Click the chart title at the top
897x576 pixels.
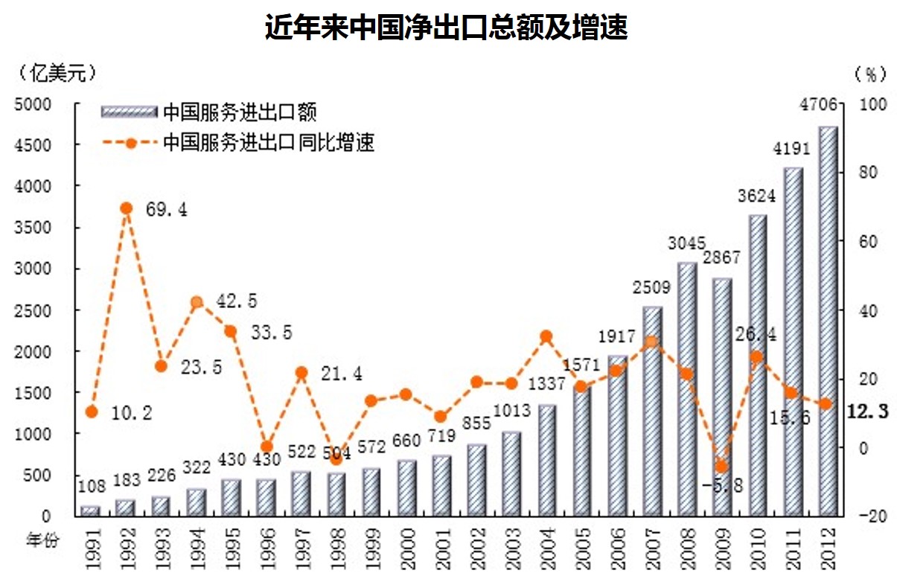pos(447,28)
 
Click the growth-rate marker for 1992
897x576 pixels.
pos(126,208)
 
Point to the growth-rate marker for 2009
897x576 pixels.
pos(721,467)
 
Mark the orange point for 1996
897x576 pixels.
pos(266,447)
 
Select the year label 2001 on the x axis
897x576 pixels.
pos(441,548)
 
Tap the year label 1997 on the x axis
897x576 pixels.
pos(301,548)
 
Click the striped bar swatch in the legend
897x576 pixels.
pos(128,112)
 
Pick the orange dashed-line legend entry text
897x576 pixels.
pos(269,142)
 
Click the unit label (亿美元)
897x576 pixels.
pos(55,73)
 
